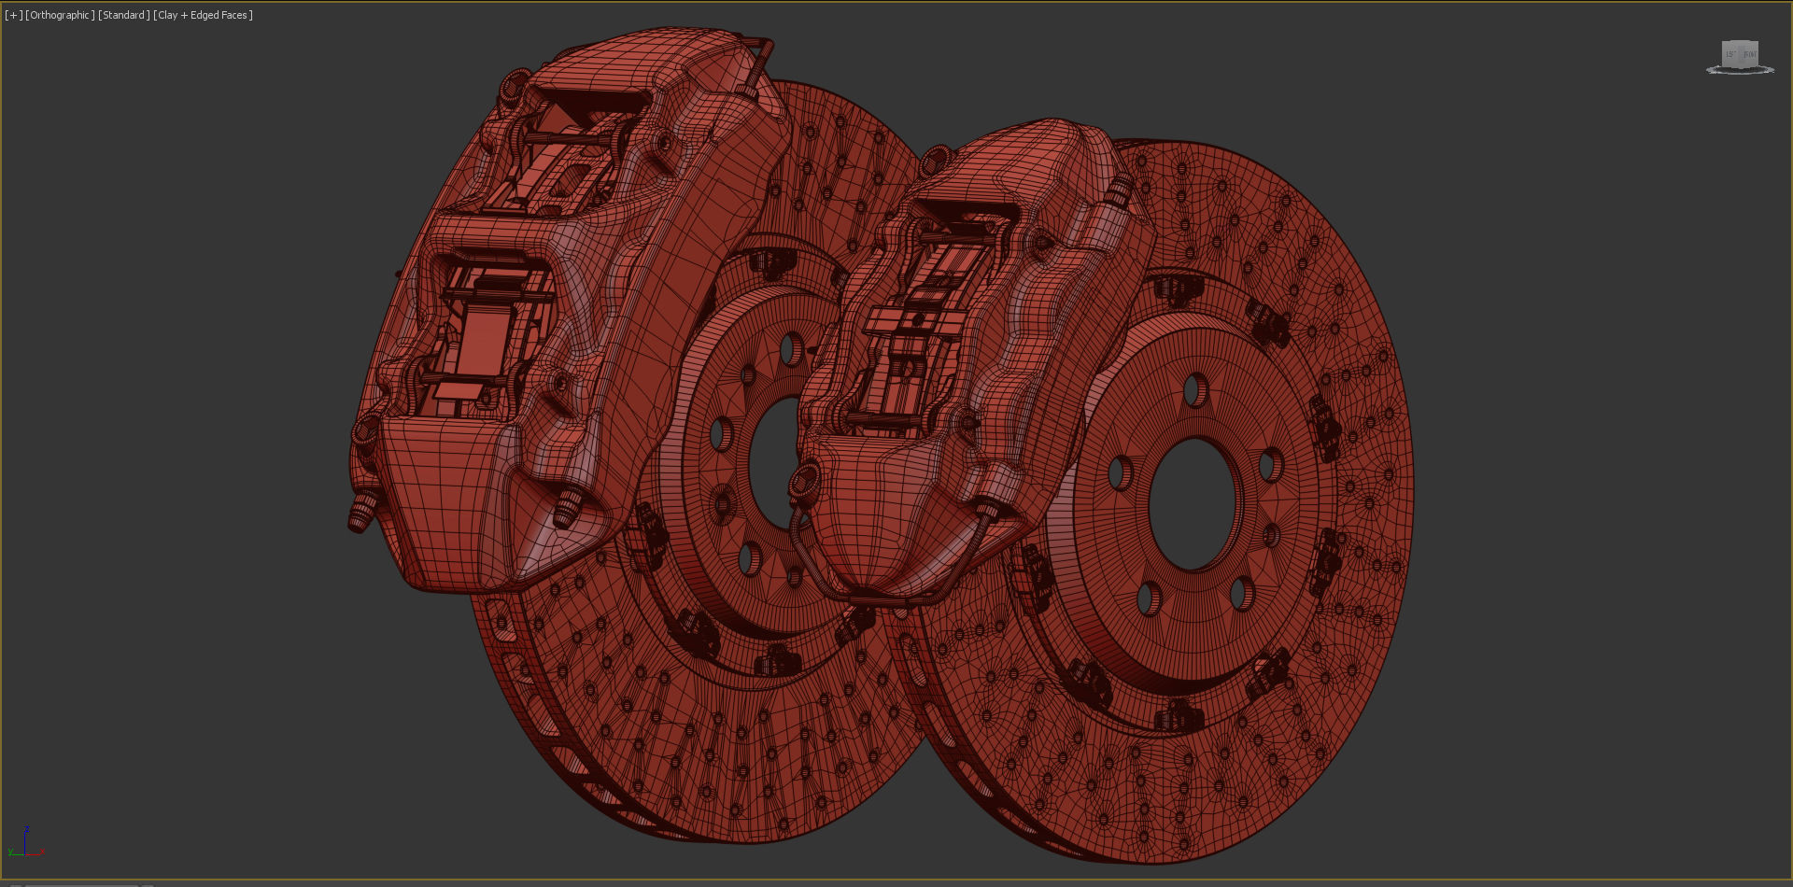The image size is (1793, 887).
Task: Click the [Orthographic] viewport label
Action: click(60, 15)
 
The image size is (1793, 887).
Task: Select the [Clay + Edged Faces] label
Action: click(203, 15)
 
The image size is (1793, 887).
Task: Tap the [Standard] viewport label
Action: click(123, 15)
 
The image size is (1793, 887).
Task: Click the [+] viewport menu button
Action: click(13, 15)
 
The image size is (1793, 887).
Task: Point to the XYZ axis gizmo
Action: click(25, 843)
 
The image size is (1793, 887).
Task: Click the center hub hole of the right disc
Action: click(1193, 504)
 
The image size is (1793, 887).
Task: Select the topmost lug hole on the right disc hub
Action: click(1195, 390)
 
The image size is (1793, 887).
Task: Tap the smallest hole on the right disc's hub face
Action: click(1272, 536)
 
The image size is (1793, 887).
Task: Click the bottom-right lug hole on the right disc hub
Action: click(1242, 594)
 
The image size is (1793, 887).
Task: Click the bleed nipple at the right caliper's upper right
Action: click(1117, 190)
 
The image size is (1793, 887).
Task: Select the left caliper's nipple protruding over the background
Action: click(360, 513)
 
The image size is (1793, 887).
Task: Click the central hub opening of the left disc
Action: click(773, 462)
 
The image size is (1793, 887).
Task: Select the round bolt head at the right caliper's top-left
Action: click(935, 160)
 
